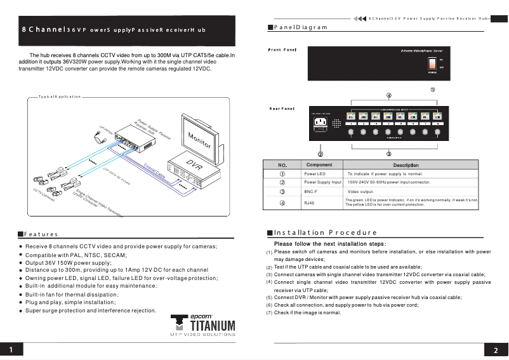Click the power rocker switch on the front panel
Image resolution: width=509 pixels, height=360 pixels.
point(431,63)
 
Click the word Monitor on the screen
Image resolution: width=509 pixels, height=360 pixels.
point(199,139)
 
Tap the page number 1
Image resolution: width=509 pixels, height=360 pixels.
point(12,350)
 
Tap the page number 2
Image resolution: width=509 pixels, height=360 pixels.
point(496,350)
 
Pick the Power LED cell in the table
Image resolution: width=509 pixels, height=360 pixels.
point(315,173)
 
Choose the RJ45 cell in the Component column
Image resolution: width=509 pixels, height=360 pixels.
point(310,203)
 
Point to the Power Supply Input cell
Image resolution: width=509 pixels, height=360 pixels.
point(323,182)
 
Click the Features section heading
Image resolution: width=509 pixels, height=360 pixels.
point(41,235)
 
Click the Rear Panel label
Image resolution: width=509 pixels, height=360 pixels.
point(282,109)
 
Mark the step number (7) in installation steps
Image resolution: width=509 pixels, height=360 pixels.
point(269,313)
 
